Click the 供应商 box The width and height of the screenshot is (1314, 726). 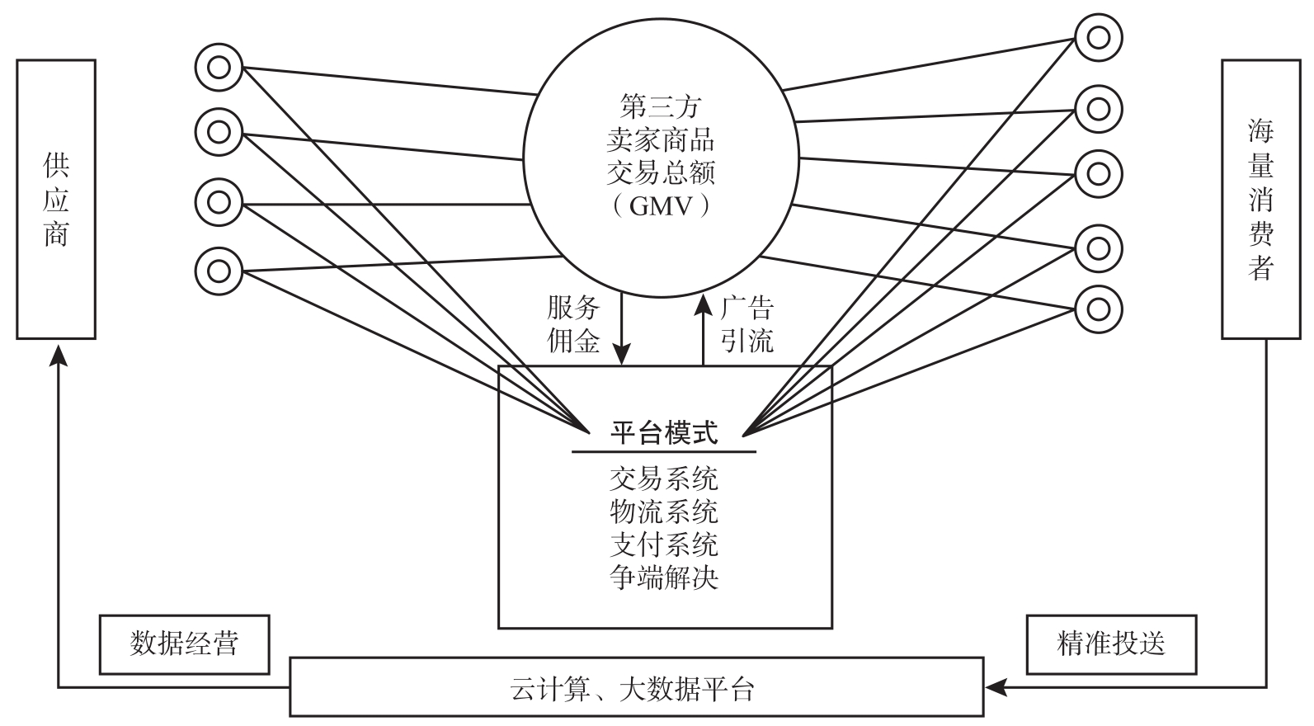click(56, 199)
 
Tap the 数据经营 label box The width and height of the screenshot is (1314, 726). click(184, 643)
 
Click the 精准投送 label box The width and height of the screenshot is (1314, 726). click(1110, 643)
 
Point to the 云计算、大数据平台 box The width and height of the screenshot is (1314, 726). click(636, 686)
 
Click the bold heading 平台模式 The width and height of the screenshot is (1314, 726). click(664, 432)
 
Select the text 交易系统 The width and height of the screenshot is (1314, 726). click(664, 478)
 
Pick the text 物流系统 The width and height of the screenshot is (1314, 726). click(664, 511)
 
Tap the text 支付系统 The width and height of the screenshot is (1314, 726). click(664, 544)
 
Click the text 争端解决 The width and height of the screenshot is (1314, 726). click(664, 577)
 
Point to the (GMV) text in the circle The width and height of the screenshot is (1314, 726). click(662, 205)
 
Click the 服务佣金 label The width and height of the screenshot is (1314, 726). click(573, 324)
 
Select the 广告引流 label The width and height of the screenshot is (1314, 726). click(747, 324)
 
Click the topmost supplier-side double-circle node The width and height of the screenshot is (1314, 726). click(219, 67)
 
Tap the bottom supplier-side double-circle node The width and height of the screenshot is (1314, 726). click(219, 270)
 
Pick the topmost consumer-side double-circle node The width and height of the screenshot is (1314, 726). click(1099, 37)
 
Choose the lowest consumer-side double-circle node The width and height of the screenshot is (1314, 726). click(1099, 309)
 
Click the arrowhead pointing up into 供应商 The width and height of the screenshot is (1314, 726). click(57, 353)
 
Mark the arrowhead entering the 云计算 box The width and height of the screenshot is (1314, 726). click(995, 686)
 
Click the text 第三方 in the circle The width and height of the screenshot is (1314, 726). click(661, 106)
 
